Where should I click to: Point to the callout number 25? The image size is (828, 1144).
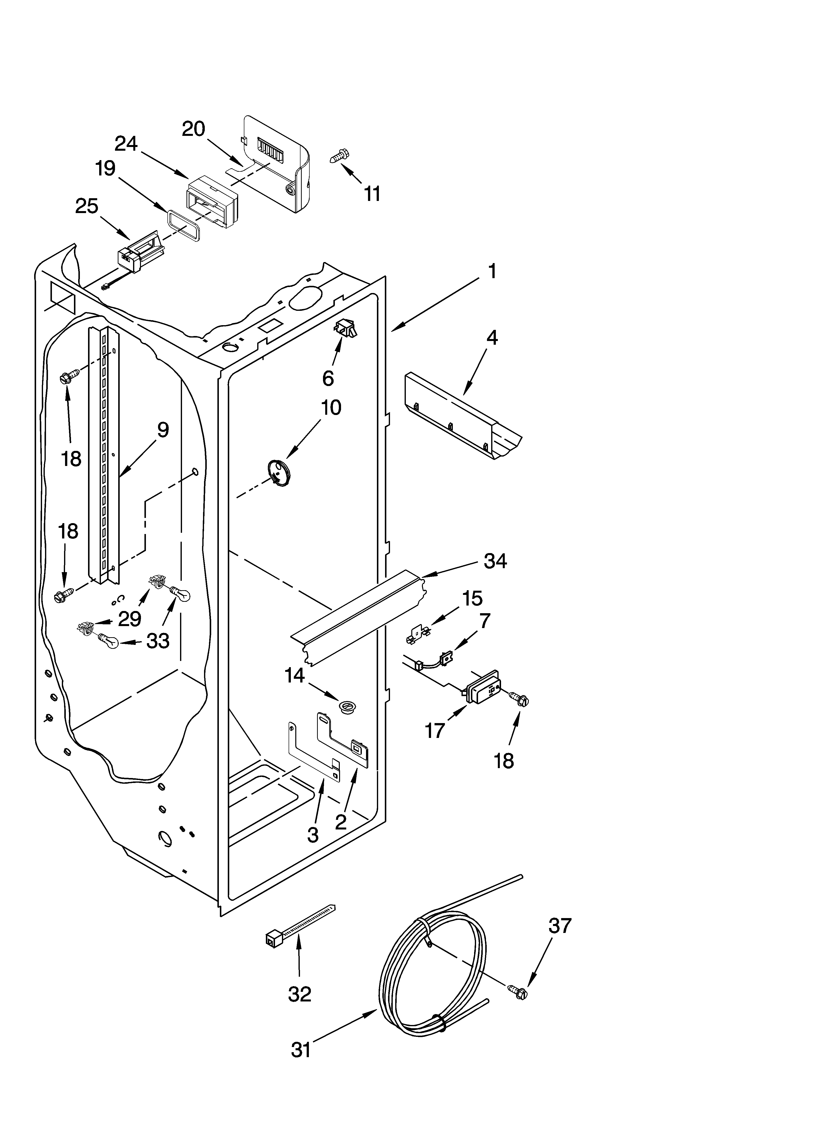click(x=87, y=206)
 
